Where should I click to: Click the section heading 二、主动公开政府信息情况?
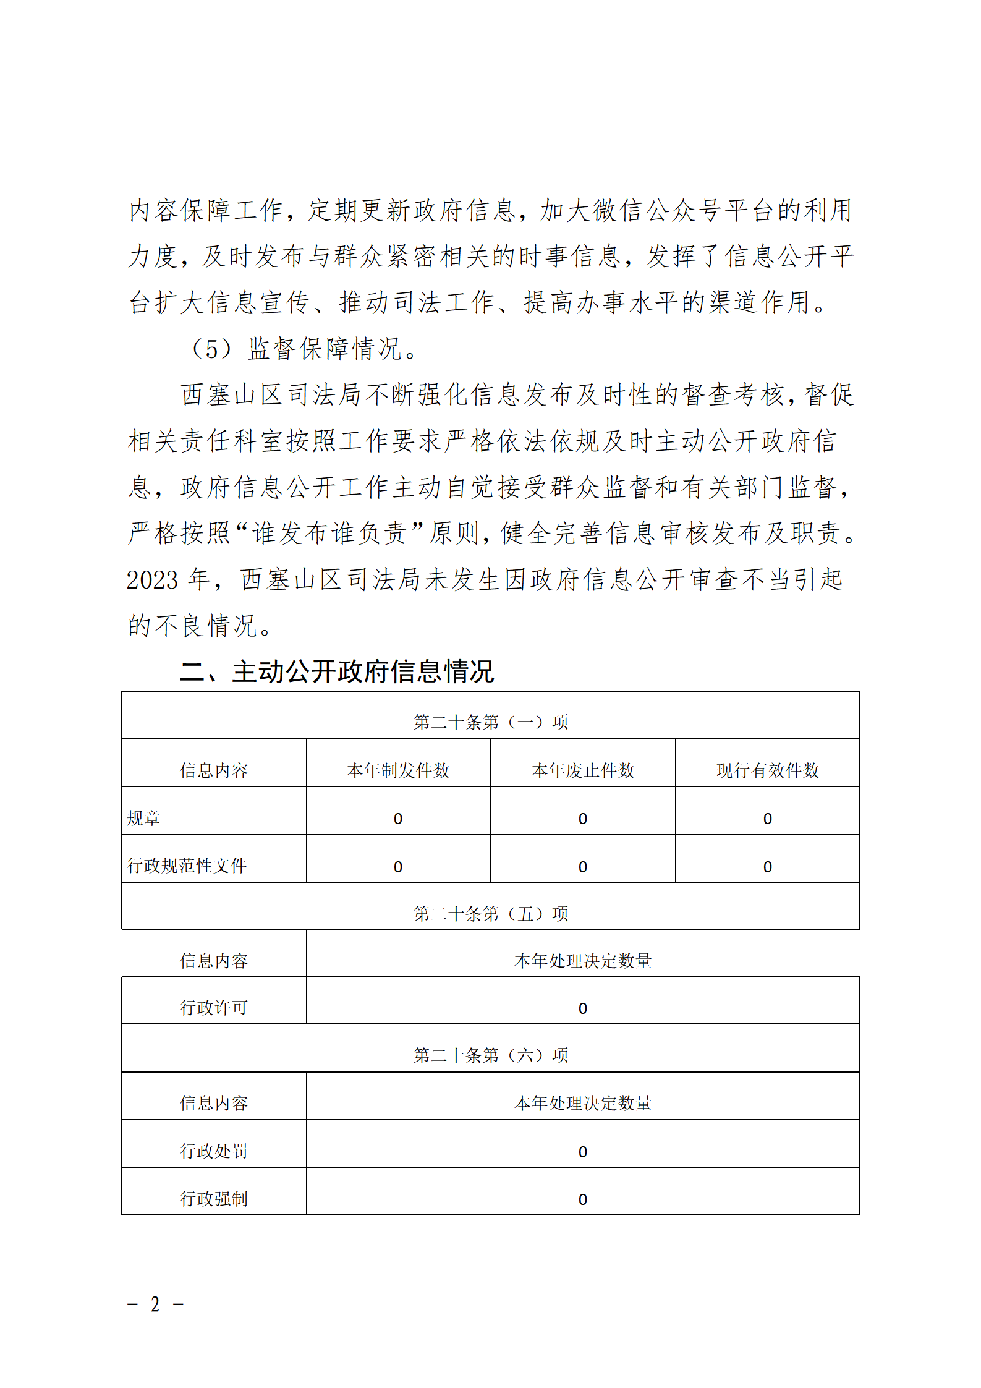337,671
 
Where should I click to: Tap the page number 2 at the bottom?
155,1304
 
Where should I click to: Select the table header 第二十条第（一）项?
490,722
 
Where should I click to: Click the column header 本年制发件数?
398,770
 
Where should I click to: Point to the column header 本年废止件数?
582,770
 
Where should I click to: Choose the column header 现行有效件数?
767,770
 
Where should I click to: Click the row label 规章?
143,818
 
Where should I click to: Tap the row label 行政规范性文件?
187,866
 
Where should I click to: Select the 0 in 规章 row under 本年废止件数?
582,819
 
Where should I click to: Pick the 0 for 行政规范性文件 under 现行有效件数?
767,867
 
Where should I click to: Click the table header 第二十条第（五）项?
490,913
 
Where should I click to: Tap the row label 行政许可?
214,1008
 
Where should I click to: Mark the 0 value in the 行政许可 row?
582,1008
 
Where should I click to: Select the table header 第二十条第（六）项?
490,1055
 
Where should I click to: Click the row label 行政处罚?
214,1151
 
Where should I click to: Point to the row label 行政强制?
214,1199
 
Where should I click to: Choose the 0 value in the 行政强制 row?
582,1199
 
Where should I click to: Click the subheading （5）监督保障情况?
303,349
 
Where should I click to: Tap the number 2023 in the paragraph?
152,580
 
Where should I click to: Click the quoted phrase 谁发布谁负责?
329,533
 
